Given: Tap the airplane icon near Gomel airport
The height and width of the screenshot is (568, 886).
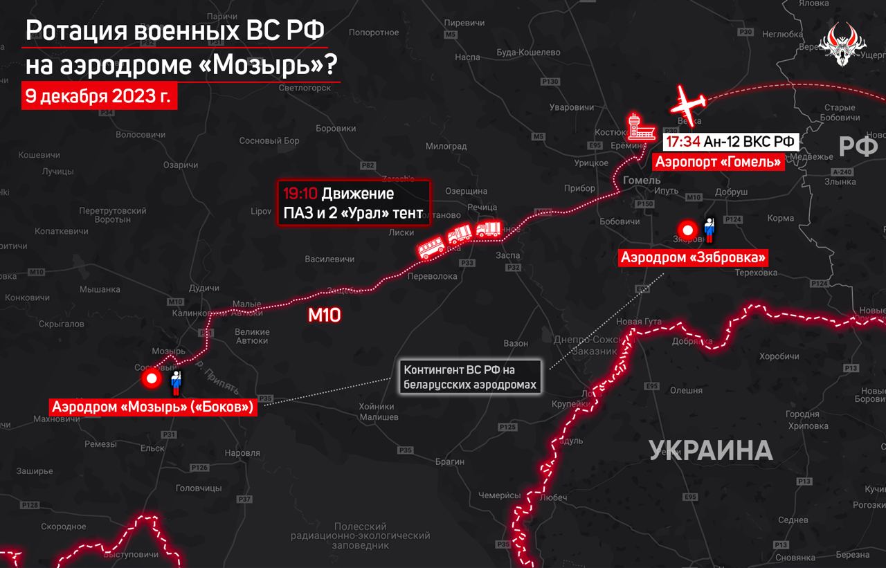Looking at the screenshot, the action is click(x=689, y=102).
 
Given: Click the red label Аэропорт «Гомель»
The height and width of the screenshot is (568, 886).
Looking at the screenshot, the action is click(x=716, y=161).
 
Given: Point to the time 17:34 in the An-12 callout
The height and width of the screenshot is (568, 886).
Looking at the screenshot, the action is click(x=682, y=141).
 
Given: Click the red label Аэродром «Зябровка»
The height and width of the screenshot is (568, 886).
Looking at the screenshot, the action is click(x=694, y=257).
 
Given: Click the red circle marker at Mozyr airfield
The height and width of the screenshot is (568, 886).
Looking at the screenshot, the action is click(x=152, y=379).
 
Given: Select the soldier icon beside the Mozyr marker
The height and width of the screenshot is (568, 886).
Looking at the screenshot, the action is click(x=175, y=381).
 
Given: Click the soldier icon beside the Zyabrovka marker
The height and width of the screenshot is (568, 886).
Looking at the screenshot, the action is click(x=709, y=231).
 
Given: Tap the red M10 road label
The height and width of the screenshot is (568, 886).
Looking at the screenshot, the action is click(x=325, y=315).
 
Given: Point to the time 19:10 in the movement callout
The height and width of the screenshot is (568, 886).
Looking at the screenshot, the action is click(x=299, y=193).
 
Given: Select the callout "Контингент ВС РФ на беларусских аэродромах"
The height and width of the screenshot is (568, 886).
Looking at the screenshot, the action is click(x=469, y=377).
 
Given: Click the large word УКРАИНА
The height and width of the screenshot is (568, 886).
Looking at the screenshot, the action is click(x=710, y=450).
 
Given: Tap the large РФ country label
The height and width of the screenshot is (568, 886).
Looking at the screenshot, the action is click(x=858, y=146).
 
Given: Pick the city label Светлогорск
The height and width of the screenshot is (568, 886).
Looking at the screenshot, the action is click(x=305, y=88).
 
